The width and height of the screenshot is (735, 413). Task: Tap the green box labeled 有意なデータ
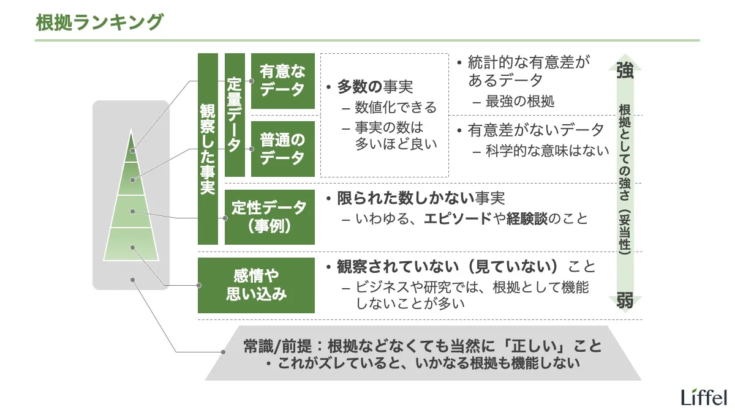[282, 81]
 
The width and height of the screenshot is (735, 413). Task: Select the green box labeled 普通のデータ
[282, 149]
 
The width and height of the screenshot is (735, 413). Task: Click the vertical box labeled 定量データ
[235, 114]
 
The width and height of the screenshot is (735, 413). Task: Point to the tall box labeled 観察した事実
[208, 149]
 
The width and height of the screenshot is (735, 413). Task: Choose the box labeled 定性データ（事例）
[269, 217]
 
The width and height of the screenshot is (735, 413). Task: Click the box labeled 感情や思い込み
[256, 285]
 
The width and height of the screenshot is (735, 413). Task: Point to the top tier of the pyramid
[131, 147]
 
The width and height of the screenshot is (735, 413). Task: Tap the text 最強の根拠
[520, 102]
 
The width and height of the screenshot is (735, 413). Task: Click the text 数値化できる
[396, 108]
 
